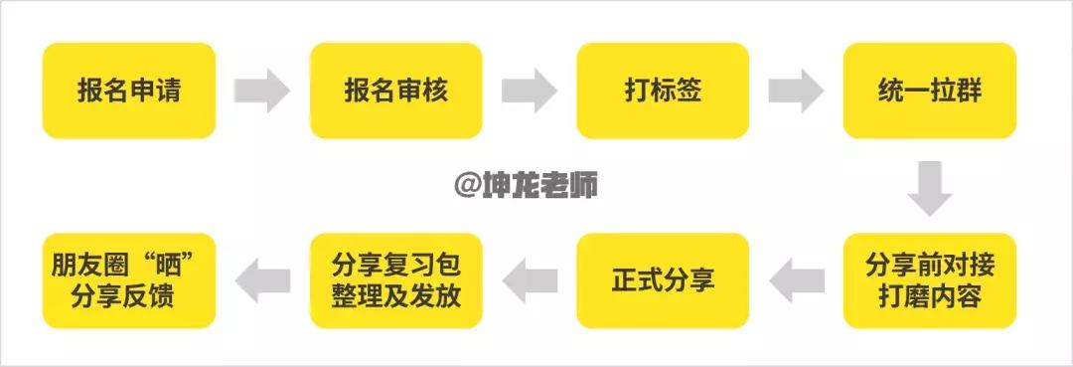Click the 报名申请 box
pyautogui.click(x=129, y=91)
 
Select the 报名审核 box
pyautogui.click(x=396, y=91)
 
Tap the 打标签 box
pyautogui.click(x=663, y=91)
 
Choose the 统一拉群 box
pyautogui.click(x=930, y=91)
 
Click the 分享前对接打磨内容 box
pyautogui.click(x=930, y=281)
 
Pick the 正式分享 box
pyautogui.click(x=663, y=281)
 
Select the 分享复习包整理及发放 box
pyautogui.click(x=396, y=281)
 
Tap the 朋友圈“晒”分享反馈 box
pyautogui.click(x=129, y=281)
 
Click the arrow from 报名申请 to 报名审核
pyautogui.click(x=261, y=91)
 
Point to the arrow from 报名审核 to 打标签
pyautogui.click(x=529, y=91)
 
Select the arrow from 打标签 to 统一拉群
pyautogui.click(x=796, y=91)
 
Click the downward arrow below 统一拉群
pyautogui.click(x=930, y=186)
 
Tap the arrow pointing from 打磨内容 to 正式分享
pyautogui.click(x=797, y=281)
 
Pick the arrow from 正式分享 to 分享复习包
pyautogui.click(x=530, y=281)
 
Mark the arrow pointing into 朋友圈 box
pyautogui.click(x=262, y=281)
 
